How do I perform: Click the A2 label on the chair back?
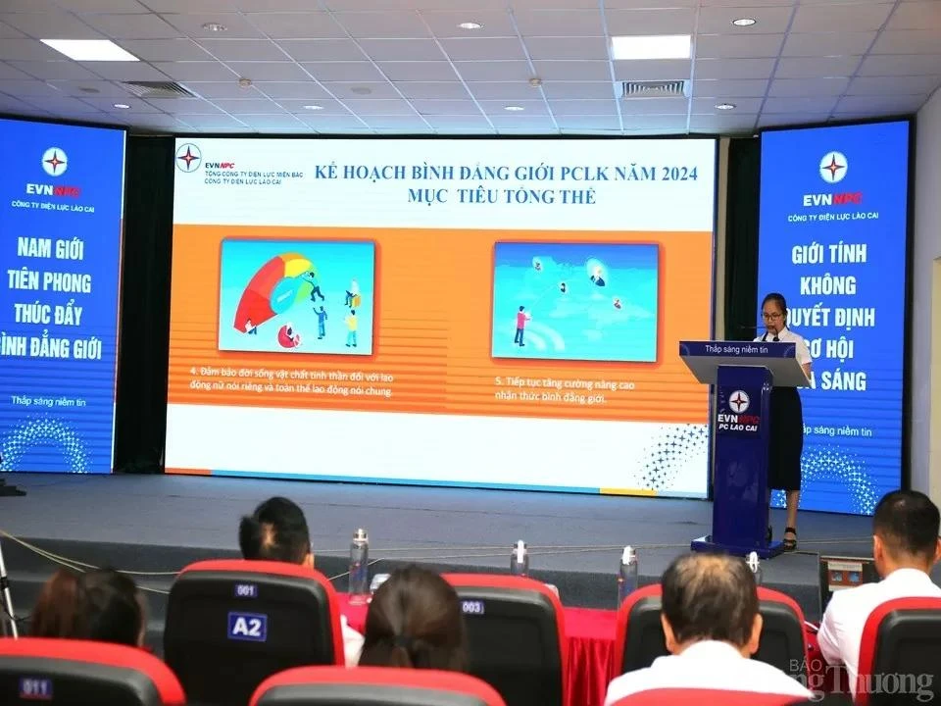click(247, 626)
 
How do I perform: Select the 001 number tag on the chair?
click(245, 590)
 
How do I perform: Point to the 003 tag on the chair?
click(472, 607)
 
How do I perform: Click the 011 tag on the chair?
click(34, 687)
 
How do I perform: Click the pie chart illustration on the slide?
click(296, 296)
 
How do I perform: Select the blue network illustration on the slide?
click(574, 301)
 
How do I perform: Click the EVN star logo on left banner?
click(55, 161)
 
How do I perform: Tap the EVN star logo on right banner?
click(833, 167)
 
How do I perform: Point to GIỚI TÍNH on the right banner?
click(832, 258)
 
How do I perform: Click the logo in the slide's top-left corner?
click(188, 157)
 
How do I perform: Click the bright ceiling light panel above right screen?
click(651, 47)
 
